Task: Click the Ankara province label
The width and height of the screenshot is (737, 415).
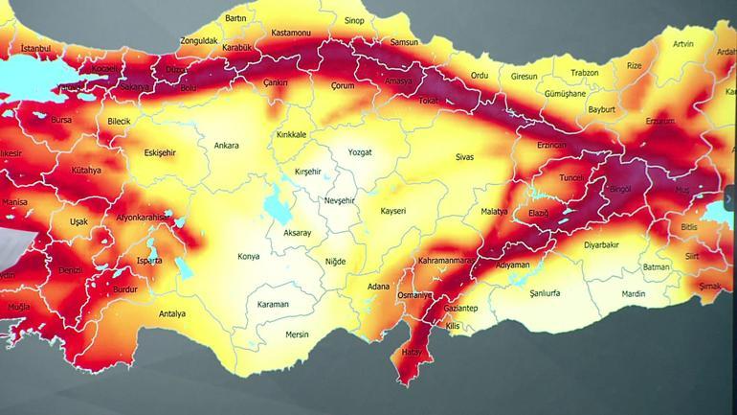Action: coord(226,146)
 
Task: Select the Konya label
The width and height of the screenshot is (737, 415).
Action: coord(248,256)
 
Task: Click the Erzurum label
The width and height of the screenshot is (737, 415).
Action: coord(660,122)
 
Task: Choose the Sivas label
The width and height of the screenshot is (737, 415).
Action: coord(465,155)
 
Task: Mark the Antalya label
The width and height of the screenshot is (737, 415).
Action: coord(171,313)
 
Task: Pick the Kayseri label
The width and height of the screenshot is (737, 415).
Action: coord(393,210)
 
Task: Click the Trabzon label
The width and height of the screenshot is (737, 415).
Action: coord(584,73)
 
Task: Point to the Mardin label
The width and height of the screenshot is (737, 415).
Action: coord(634,294)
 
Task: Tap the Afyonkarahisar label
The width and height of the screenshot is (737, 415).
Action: coord(144,218)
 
